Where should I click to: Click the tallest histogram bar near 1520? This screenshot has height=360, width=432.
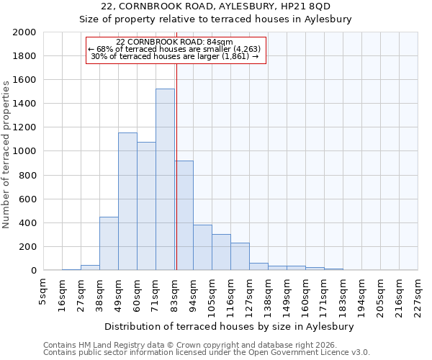point(165,180)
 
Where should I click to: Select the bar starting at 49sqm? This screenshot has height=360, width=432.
point(127,202)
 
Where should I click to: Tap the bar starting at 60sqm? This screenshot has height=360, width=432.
point(146,206)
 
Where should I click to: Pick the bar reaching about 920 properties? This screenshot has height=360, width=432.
point(184,216)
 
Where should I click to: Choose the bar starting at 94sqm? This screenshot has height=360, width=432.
point(202,248)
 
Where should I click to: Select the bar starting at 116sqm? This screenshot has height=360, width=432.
point(240,256)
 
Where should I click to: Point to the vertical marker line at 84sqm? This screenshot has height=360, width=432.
point(176,144)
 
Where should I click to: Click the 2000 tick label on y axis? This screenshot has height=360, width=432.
point(24,32)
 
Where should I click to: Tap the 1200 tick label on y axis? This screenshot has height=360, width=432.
point(24,127)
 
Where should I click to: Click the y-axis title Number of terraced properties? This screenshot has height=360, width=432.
point(6,154)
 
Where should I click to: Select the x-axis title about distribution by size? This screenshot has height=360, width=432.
point(234,326)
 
